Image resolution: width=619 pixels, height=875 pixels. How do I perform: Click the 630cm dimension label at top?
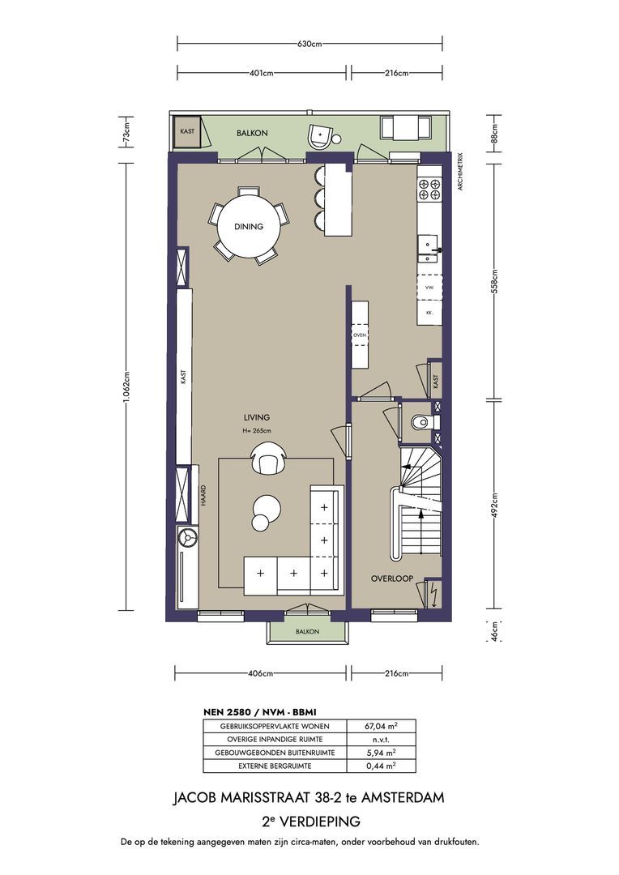(x=310, y=43)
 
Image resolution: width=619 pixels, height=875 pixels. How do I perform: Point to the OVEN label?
(x=360, y=335)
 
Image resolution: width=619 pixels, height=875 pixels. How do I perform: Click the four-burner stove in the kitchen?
(x=429, y=190)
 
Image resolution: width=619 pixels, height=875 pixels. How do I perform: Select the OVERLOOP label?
(x=392, y=578)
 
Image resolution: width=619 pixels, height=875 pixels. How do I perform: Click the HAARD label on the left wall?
(x=203, y=496)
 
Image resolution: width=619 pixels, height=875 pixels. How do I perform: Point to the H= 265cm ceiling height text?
(x=256, y=431)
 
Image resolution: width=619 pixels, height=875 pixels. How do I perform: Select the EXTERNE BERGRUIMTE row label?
(x=273, y=766)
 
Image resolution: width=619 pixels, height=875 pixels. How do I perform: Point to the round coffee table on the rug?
(x=265, y=510)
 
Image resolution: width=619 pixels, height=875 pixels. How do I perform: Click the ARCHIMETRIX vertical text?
(x=459, y=171)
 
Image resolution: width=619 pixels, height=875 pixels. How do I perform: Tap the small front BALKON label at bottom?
(x=307, y=632)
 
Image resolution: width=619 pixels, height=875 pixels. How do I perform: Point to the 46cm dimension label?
(x=495, y=628)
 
